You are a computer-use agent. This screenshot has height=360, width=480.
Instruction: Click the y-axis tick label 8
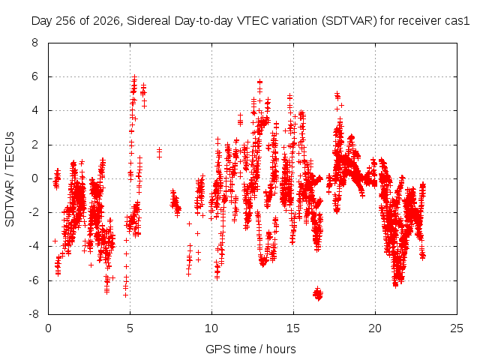(34, 43)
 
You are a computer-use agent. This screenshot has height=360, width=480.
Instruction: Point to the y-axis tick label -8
(34, 314)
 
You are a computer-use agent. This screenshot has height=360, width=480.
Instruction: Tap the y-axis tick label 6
(34, 76)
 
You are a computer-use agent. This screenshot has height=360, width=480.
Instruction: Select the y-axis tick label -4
(34, 247)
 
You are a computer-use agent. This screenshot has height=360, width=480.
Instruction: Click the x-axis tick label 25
(457, 328)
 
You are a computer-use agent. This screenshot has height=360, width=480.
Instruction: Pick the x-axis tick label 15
(293, 328)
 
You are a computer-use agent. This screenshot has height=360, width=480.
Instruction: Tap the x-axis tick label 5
(130, 328)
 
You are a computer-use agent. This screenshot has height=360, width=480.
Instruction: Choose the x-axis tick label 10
(211, 328)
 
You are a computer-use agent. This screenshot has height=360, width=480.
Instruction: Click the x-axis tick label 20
(375, 328)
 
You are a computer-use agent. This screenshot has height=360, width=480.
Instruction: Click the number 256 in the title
(66, 21)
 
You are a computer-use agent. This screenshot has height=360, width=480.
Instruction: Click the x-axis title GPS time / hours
(250, 349)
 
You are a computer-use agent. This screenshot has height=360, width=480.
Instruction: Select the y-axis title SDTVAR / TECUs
(10, 179)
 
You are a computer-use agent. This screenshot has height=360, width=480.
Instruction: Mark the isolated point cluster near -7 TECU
(318, 294)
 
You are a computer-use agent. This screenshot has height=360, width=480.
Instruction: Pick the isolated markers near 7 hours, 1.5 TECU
(159, 153)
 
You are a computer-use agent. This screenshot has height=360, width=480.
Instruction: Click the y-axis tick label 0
(34, 178)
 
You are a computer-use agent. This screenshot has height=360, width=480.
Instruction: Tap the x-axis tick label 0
(48, 328)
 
